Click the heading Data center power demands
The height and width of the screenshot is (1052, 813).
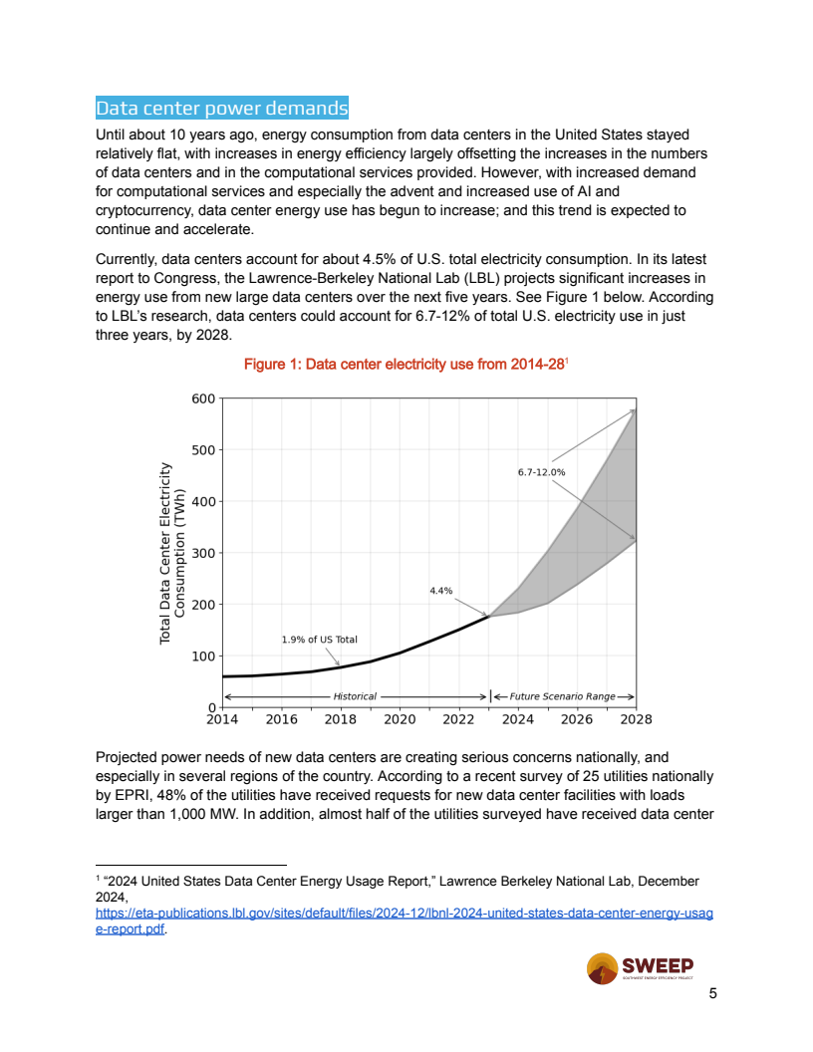221,109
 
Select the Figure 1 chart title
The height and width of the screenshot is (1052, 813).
405,366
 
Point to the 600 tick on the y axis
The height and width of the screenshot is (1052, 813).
202,398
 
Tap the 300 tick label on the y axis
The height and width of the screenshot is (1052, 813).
202,553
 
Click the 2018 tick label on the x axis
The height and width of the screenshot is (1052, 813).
341,719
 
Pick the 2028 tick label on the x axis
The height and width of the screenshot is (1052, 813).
636,719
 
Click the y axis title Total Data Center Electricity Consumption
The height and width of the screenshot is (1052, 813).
172,553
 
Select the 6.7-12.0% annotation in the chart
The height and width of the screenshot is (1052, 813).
541,472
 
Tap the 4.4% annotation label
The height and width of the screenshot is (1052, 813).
440,591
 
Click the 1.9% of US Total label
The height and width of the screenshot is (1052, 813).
319,640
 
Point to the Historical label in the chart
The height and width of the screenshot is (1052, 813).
355,696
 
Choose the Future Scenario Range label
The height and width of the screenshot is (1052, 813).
562,696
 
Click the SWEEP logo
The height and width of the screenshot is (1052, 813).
640,968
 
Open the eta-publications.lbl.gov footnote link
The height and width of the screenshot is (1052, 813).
404,914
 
